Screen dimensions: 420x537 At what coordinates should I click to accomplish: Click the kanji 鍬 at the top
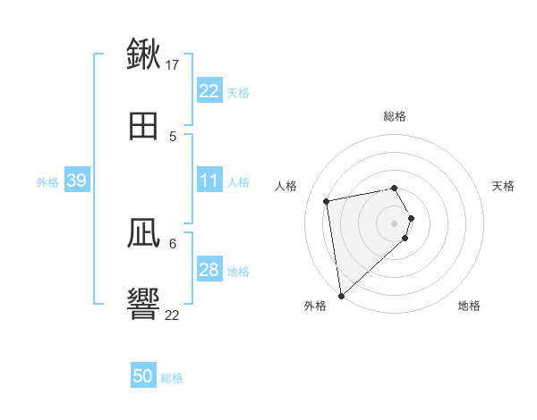[143, 55]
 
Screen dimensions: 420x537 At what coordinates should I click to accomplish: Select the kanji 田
[143, 125]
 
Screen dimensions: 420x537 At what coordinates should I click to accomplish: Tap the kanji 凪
[143, 233]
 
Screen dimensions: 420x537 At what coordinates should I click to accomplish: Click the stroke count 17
[173, 65]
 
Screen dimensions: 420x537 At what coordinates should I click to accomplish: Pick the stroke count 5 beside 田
[173, 136]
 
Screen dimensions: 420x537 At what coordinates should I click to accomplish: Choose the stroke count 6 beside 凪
[173, 243]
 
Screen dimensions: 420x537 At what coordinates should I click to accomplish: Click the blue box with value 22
[209, 91]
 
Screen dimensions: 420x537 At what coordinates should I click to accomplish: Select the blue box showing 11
[209, 181]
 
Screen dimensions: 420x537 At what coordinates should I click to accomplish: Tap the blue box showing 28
[209, 270]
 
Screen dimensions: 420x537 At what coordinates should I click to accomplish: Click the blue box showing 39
[77, 181]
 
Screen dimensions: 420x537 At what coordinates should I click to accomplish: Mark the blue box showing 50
[143, 376]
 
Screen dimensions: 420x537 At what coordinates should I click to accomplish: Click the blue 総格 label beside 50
[172, 378]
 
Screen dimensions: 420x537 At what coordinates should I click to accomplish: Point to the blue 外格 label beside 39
[47, 182]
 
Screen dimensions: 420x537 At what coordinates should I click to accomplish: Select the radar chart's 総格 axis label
[395, 116]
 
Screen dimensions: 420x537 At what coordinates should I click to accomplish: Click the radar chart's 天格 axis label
[504, 186]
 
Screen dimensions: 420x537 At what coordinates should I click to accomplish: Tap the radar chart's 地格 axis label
[469, 306]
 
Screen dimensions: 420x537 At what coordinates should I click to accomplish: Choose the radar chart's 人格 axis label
[286, 186]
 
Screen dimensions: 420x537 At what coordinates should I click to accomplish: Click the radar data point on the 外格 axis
[341, 295]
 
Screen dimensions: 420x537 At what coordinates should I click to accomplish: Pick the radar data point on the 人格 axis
[327, 200]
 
